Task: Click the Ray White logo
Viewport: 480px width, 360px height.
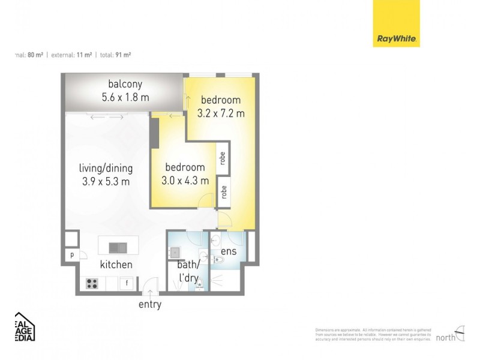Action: coord(397,23)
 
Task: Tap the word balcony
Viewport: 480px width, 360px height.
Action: coord(125,83)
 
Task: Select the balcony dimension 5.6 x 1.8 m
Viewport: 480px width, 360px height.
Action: coord(125,97)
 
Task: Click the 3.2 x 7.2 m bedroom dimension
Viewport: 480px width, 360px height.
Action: coord(221,113)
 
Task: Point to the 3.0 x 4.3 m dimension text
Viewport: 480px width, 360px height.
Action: coord(185,180)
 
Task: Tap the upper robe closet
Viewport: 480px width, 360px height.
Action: coord(223,158)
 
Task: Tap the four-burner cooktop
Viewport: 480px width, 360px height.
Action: coord(92,284)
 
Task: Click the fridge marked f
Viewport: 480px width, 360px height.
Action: coord(127,284)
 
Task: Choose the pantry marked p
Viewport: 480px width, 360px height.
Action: coord(71,254)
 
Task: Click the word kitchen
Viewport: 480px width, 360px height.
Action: coord(116,265)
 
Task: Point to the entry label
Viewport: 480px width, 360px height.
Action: coord(150,304)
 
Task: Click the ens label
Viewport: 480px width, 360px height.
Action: coord(229,251)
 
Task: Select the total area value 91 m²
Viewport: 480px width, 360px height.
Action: coord(123,55)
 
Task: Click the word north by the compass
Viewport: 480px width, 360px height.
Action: coord(445,337)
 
